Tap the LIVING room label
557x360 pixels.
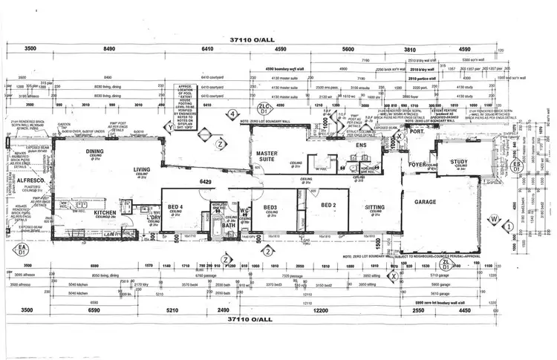[142, 170]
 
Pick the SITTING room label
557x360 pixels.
[375, 209]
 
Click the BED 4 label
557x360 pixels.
[177, 206]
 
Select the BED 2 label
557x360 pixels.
[329, 204]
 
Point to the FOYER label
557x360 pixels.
[417, 165]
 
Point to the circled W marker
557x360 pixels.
[494, 220]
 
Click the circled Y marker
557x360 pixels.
[171, 127]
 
